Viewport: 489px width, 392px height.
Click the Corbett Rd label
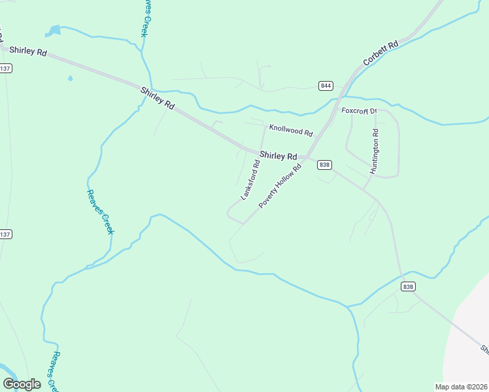tap(381, 54)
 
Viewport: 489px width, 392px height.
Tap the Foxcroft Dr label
tap(360, 111)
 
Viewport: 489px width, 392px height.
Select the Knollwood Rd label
tap(291, 131)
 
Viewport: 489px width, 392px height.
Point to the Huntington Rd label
tap(375, 151)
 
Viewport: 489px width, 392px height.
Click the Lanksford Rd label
tap(250, 180)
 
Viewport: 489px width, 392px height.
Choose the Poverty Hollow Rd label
tap(280, 186)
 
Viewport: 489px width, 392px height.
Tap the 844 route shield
tap(326, 86)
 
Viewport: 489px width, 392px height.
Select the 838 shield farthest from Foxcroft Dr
tap(408, 287)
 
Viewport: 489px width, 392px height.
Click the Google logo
tap(22, 384)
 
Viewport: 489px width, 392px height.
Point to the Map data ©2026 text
tap(461, 387)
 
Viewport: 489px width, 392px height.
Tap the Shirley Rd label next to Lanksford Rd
tap(278, 156)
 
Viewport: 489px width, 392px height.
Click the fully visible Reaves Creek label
tap(100, 212)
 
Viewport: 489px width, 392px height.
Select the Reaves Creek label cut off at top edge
tap(146, 18)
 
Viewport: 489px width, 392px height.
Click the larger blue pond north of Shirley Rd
tap(54, 30)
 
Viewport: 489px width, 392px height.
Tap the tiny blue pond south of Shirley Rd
tap(70, 79)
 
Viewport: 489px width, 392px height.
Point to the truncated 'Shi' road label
tap(484, 350)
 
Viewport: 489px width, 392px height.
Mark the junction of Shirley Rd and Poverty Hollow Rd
tap(306, 157)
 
